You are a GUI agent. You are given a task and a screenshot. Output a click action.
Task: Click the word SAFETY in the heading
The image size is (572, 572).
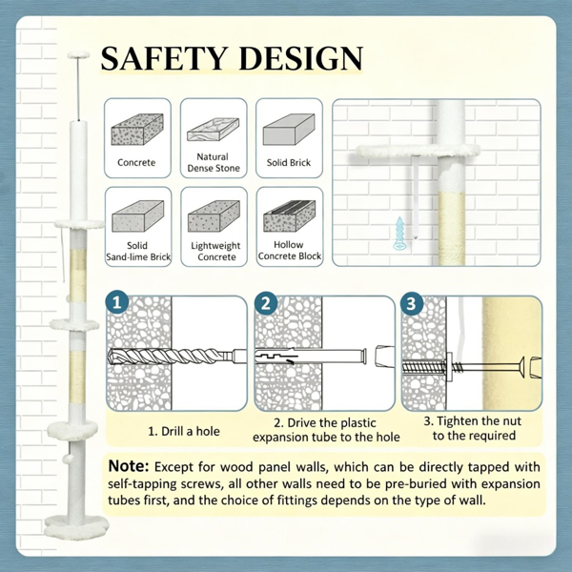point(163,58)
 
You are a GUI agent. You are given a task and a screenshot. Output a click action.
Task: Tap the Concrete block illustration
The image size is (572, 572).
point(137,130)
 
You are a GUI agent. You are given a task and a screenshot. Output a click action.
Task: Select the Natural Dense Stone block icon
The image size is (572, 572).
point(214,130)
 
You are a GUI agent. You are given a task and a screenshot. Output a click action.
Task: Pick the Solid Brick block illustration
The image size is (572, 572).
point(289,130)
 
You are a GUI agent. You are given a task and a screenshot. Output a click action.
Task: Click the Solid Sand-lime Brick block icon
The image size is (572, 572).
point(138,216)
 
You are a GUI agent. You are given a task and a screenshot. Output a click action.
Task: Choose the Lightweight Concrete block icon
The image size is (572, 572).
point(214,216)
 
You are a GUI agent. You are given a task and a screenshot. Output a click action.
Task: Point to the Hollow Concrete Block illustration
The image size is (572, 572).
point(290,216)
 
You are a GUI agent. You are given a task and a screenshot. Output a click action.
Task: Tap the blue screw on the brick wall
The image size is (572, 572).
point(399,234)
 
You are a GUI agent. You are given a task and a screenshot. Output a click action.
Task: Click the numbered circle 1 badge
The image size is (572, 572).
point(116,302)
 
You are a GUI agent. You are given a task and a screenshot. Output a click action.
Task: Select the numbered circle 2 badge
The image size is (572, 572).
point(266,303)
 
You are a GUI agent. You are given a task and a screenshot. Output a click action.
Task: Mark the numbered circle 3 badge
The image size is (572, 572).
point(412,303)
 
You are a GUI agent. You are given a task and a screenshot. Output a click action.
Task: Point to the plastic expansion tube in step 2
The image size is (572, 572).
point(310,356)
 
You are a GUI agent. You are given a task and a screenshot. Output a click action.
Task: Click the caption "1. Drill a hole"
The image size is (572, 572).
point(184,431)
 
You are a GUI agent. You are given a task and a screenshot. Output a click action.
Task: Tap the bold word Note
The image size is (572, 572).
point(129,466)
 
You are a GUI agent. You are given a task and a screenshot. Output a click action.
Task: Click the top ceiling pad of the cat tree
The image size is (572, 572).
point(78,54)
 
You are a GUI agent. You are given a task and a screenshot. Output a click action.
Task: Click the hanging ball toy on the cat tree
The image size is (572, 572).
point(67,460)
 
